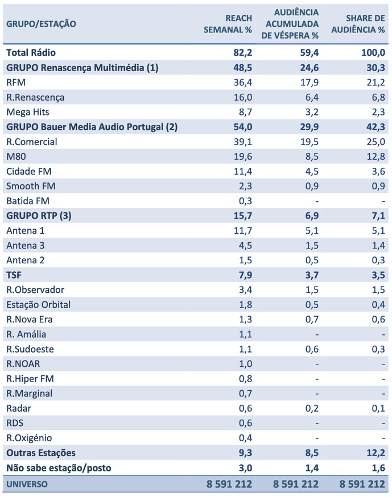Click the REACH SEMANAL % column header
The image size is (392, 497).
[x=228, y=24]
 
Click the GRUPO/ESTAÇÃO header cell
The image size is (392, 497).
[x=41, y=24]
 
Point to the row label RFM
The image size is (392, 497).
[x=16, y=82]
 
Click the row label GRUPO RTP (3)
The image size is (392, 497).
[x=39, y=216]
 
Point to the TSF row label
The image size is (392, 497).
[x=14, y=275]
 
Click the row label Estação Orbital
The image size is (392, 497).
[x=38, y=304]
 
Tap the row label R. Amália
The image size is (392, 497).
[x=26, y=334]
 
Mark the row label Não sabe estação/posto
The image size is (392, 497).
[x=59, y=467]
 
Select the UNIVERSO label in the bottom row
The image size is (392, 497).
[x=27, y=484]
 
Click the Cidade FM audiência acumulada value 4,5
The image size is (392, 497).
[x=310, y=171]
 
